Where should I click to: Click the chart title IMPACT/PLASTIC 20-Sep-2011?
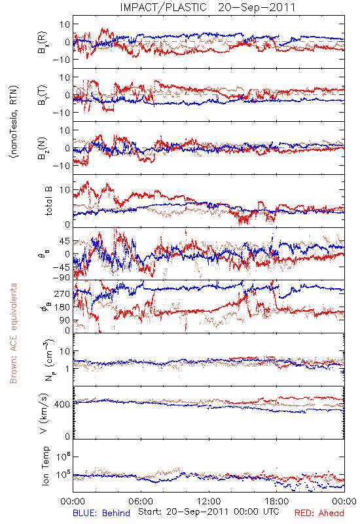click(207, 7)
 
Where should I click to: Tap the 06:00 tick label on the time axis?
click(141, 501)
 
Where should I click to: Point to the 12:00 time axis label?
click(209, 501)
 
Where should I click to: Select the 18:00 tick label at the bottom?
click(277, 501)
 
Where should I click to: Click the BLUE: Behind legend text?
click(101, 513)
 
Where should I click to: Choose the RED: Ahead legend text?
click(319, 513)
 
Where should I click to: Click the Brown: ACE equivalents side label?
click(13, 333)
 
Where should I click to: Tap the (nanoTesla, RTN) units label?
click(14, 122)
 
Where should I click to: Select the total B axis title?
click(48, 201)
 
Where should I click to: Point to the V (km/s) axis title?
click(44, 413)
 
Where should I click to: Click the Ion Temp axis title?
click(45, 466)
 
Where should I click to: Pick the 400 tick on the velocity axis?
click(62, 404)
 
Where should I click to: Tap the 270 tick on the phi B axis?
click(62, 293)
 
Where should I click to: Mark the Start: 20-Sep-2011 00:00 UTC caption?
click(208, 512)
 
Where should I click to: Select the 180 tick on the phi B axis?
click(62, 307)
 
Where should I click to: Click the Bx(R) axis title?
click(43, 43)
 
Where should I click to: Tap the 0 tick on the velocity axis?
click(67, 436)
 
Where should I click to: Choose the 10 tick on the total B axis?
click(64, 190)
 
